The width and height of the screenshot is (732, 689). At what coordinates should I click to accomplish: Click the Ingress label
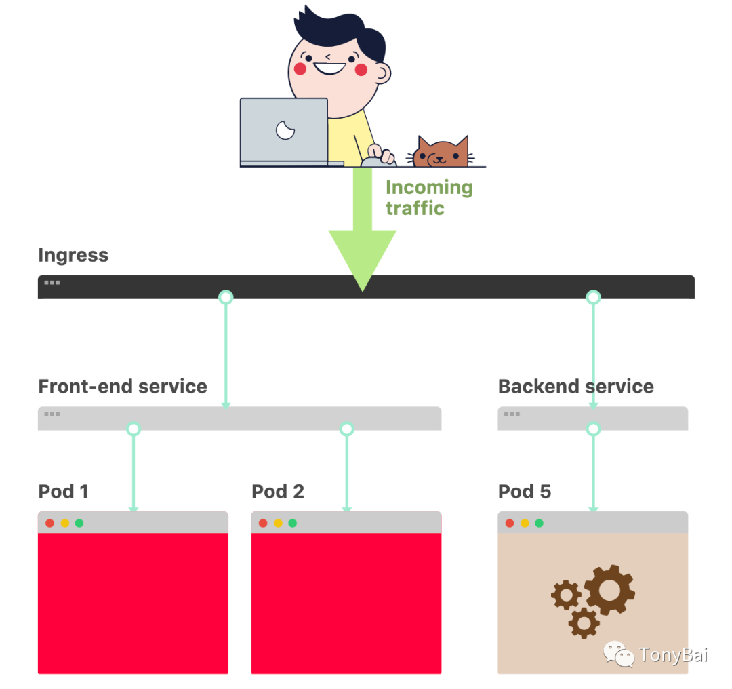73,256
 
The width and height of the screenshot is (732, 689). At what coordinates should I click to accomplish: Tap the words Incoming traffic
428,197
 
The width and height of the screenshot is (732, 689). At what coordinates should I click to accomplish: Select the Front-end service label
123,387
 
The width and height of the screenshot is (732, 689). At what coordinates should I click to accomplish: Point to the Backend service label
575,387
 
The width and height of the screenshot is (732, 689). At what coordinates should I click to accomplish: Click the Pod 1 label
63,492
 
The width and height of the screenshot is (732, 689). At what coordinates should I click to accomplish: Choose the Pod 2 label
277,492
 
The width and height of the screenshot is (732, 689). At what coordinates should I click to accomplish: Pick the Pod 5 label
524,492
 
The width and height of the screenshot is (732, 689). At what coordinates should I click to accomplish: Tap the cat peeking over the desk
441,153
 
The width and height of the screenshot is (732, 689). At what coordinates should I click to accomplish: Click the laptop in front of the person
284,130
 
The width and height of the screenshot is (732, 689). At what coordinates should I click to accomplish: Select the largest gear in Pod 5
609,589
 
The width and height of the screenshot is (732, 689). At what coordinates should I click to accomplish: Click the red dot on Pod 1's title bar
49,523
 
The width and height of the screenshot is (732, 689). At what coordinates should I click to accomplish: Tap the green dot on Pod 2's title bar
292,523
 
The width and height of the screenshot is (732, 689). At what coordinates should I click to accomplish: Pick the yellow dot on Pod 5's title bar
524,523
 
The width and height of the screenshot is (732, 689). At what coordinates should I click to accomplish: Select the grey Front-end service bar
271,417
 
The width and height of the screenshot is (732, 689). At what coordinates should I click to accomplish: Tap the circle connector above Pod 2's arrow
346,429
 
